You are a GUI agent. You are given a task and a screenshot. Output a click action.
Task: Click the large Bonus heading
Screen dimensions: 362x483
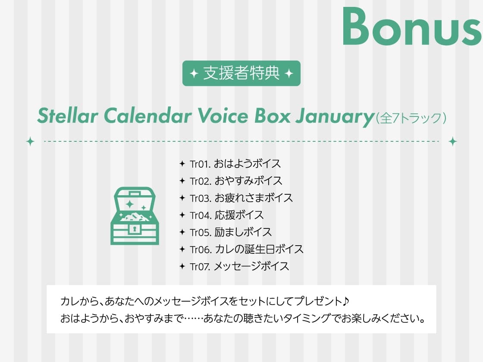click(x=412, y=27)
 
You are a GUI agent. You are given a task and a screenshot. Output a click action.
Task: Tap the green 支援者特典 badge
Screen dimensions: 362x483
click(x=241, y=73)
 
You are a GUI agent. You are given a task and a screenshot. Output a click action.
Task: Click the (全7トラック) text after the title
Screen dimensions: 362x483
click(x=410, y=118)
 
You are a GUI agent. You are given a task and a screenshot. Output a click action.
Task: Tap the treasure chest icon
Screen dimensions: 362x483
click(x=135, y=216)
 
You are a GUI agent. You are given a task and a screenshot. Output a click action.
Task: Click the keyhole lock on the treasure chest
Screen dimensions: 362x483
click(x=135, y=229)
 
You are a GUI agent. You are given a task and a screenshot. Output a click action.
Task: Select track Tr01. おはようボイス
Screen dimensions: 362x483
click(x=235, y=164)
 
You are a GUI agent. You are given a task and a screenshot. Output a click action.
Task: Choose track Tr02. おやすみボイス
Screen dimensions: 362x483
click(x=236, y=181)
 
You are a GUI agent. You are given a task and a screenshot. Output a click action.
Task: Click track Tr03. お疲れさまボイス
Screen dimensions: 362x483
click(x=241, y=198)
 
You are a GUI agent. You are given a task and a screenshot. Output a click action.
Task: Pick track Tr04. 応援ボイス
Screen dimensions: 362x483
click(x=226, y=215)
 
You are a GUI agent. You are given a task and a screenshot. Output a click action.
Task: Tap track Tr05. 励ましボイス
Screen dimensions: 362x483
click(x=231, y=232)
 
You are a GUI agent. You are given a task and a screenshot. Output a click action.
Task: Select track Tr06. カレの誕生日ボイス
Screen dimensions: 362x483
click(x=246, y=249)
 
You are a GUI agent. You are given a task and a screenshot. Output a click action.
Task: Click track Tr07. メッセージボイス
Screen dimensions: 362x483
click(x=239, y=266)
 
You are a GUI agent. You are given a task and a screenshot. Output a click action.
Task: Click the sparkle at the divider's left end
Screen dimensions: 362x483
click(x=30, y=141)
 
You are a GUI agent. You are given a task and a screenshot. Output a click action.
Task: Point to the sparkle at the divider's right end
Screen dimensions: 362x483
click(x=452, y=141)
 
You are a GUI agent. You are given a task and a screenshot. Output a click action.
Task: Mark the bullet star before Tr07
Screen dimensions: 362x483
click(x=182, y=266)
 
